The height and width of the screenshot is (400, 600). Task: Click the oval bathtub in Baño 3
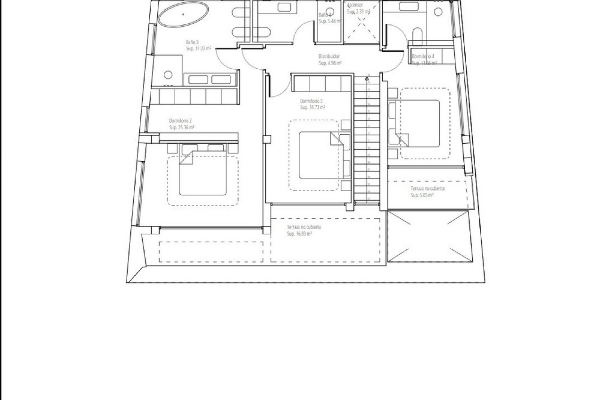click(183, 14)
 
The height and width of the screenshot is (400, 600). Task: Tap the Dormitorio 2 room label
click(180, 121)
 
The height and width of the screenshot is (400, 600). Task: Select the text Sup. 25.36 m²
click(182, 127)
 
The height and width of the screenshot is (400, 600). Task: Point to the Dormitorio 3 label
click(311, 101)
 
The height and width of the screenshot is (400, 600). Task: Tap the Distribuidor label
click(329, 56)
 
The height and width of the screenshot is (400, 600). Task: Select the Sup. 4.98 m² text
click(330, 63)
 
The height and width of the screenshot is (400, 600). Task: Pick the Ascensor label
click(355, 5)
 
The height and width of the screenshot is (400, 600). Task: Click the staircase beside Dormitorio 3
click(367, 141)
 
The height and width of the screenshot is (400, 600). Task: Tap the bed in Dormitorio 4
click(417, 123)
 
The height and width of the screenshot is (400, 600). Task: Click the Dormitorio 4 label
click(423, 56)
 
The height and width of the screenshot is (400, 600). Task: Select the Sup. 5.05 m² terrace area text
click(422, 195)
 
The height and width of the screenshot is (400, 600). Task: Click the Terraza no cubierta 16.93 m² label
click(304, 227)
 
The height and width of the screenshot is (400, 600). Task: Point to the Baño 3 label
click(192, 42)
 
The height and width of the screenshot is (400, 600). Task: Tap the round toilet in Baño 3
click(168, 75)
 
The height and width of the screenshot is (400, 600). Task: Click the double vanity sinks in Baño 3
click(209, 79)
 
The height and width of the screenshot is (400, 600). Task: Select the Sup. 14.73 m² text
click(312, 107)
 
